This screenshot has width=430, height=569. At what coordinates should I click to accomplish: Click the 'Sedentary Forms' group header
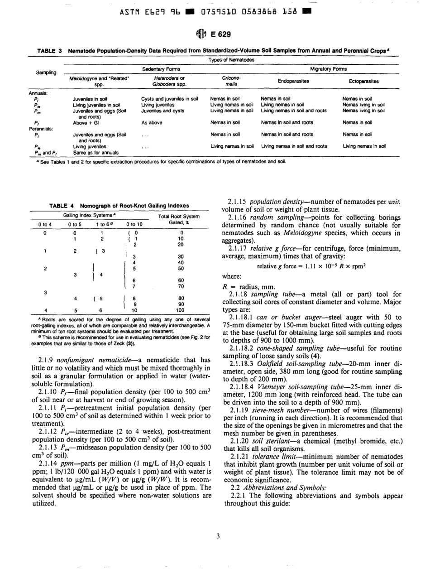pyautogui.click(x=161, y=68)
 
